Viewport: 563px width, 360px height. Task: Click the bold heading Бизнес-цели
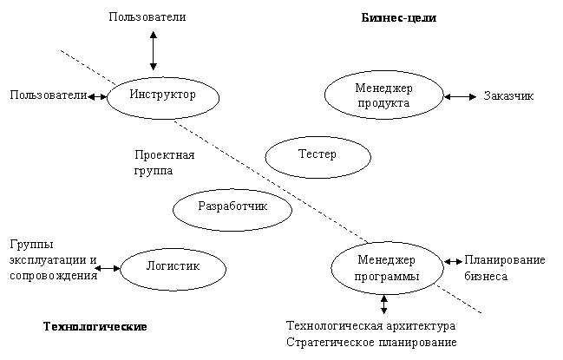coord(398,17)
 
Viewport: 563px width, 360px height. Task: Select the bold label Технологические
coord(95,326)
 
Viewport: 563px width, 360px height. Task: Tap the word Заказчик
coord(508,95)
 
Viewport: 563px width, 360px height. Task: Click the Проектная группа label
coord(165,162)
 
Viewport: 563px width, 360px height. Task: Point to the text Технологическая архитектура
coord(370,325)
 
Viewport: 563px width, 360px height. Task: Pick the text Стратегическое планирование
coord(371,342)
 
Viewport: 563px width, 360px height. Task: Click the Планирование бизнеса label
coord(505,268)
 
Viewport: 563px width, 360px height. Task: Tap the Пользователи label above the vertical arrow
coord(147,16)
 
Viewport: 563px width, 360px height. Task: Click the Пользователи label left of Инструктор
coord(49,95)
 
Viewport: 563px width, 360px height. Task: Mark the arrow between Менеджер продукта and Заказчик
coord(461,96)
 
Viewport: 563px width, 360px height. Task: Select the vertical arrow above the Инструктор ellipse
coord(154,50)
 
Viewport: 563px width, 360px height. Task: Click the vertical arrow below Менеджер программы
coord(383,304)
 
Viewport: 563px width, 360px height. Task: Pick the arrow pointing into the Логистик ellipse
coord(108,268)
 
